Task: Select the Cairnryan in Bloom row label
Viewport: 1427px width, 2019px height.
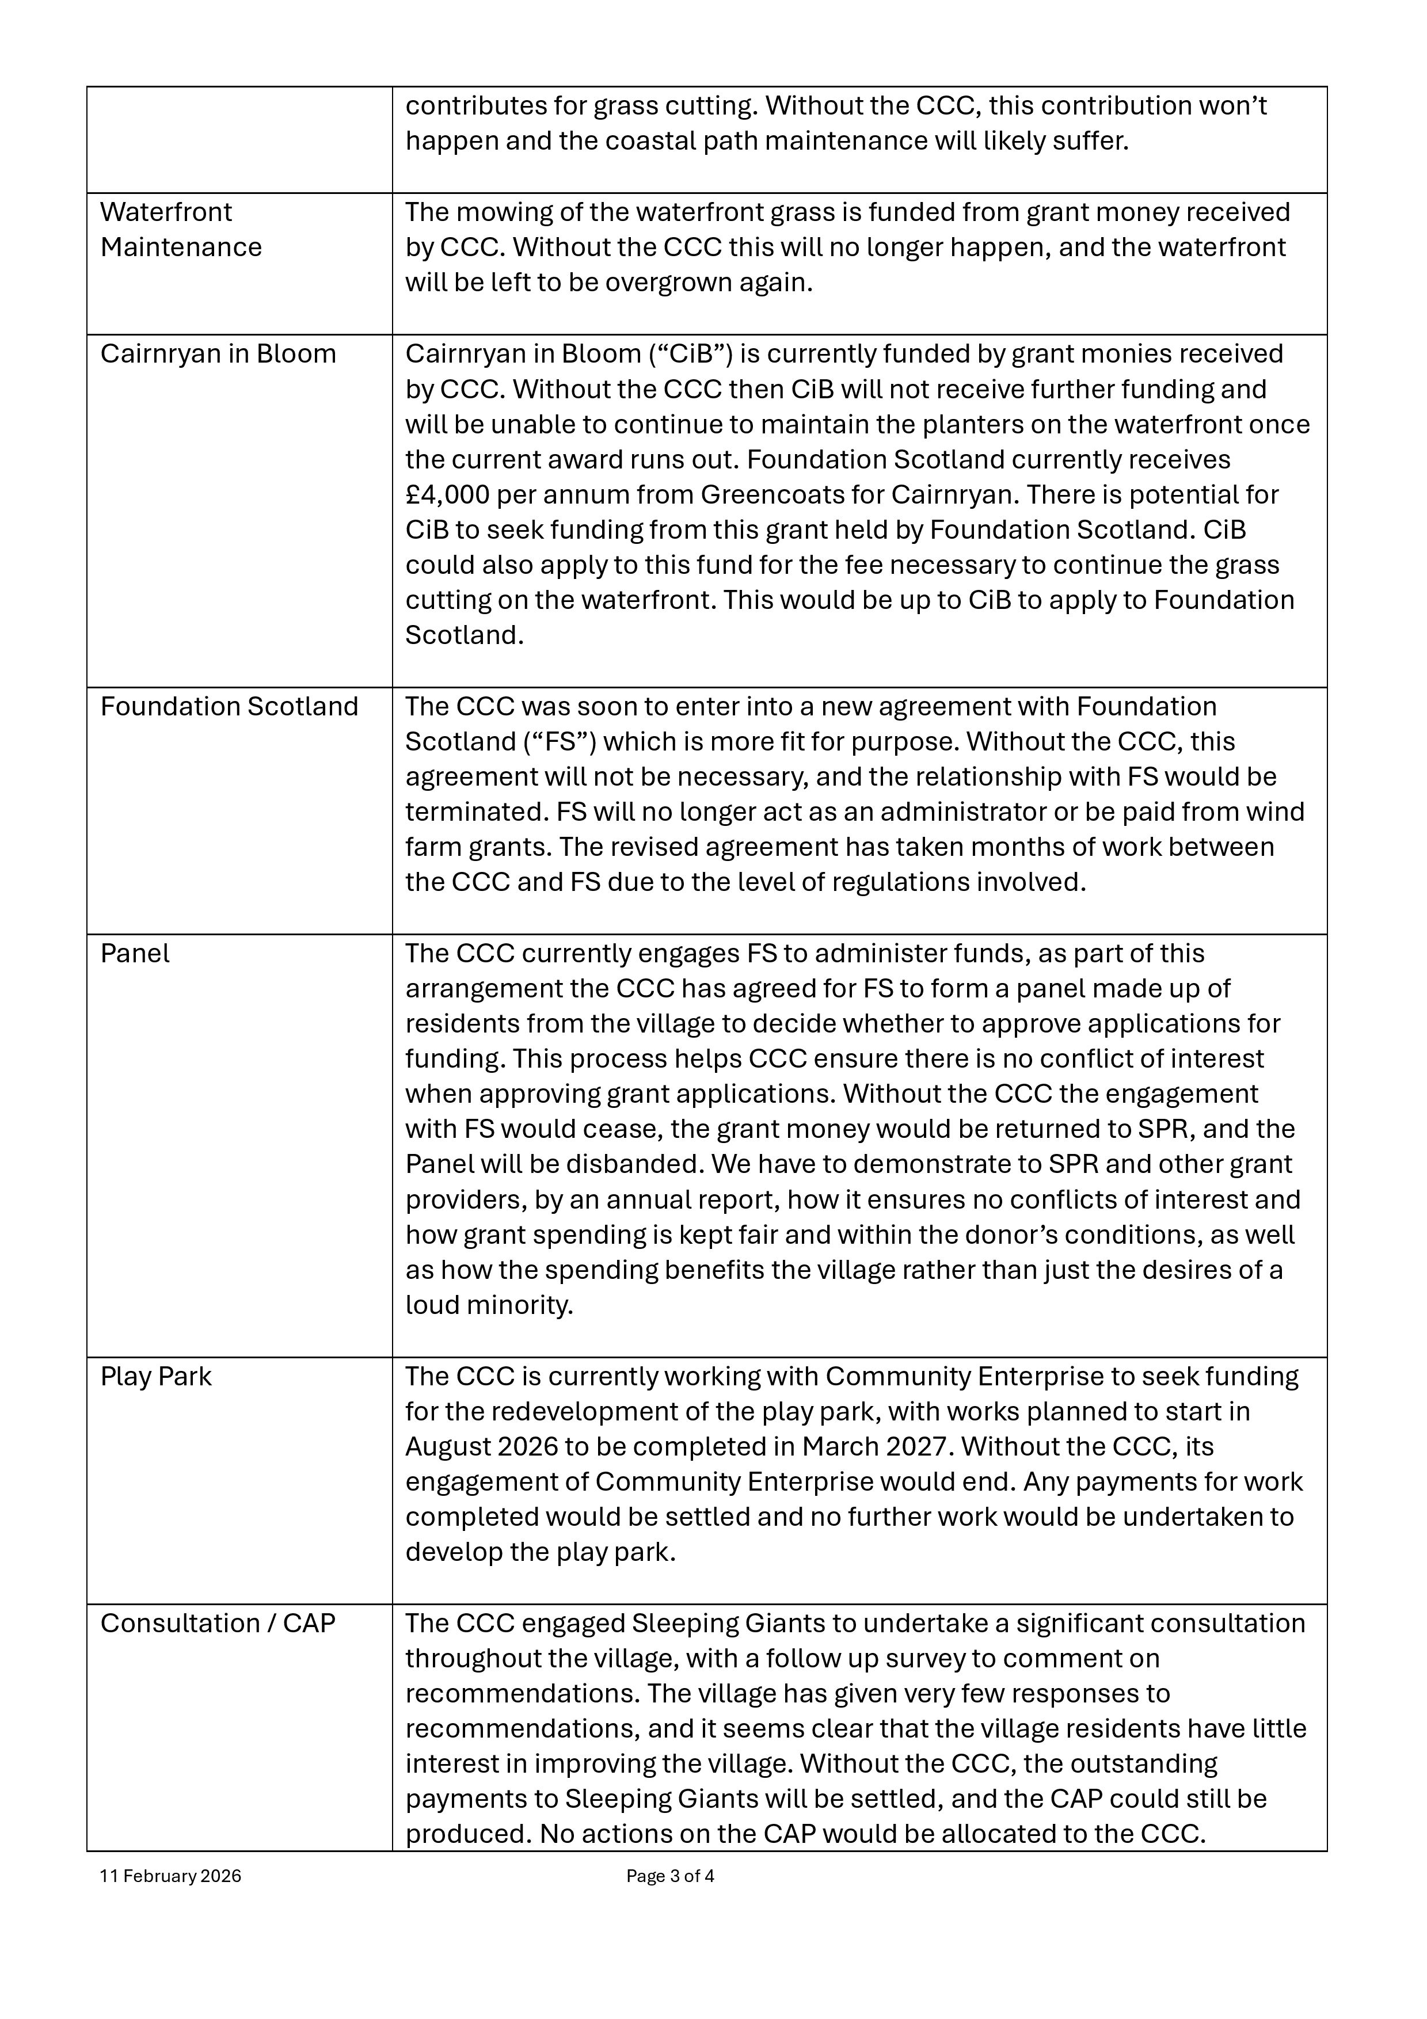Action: (218, 353)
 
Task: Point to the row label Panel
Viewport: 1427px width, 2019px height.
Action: (135, 953)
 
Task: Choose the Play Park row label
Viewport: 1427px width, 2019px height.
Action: (155, 1376)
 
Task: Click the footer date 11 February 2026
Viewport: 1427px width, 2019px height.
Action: (170, 1876)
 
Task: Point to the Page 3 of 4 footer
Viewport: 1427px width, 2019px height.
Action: (670, 1876)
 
